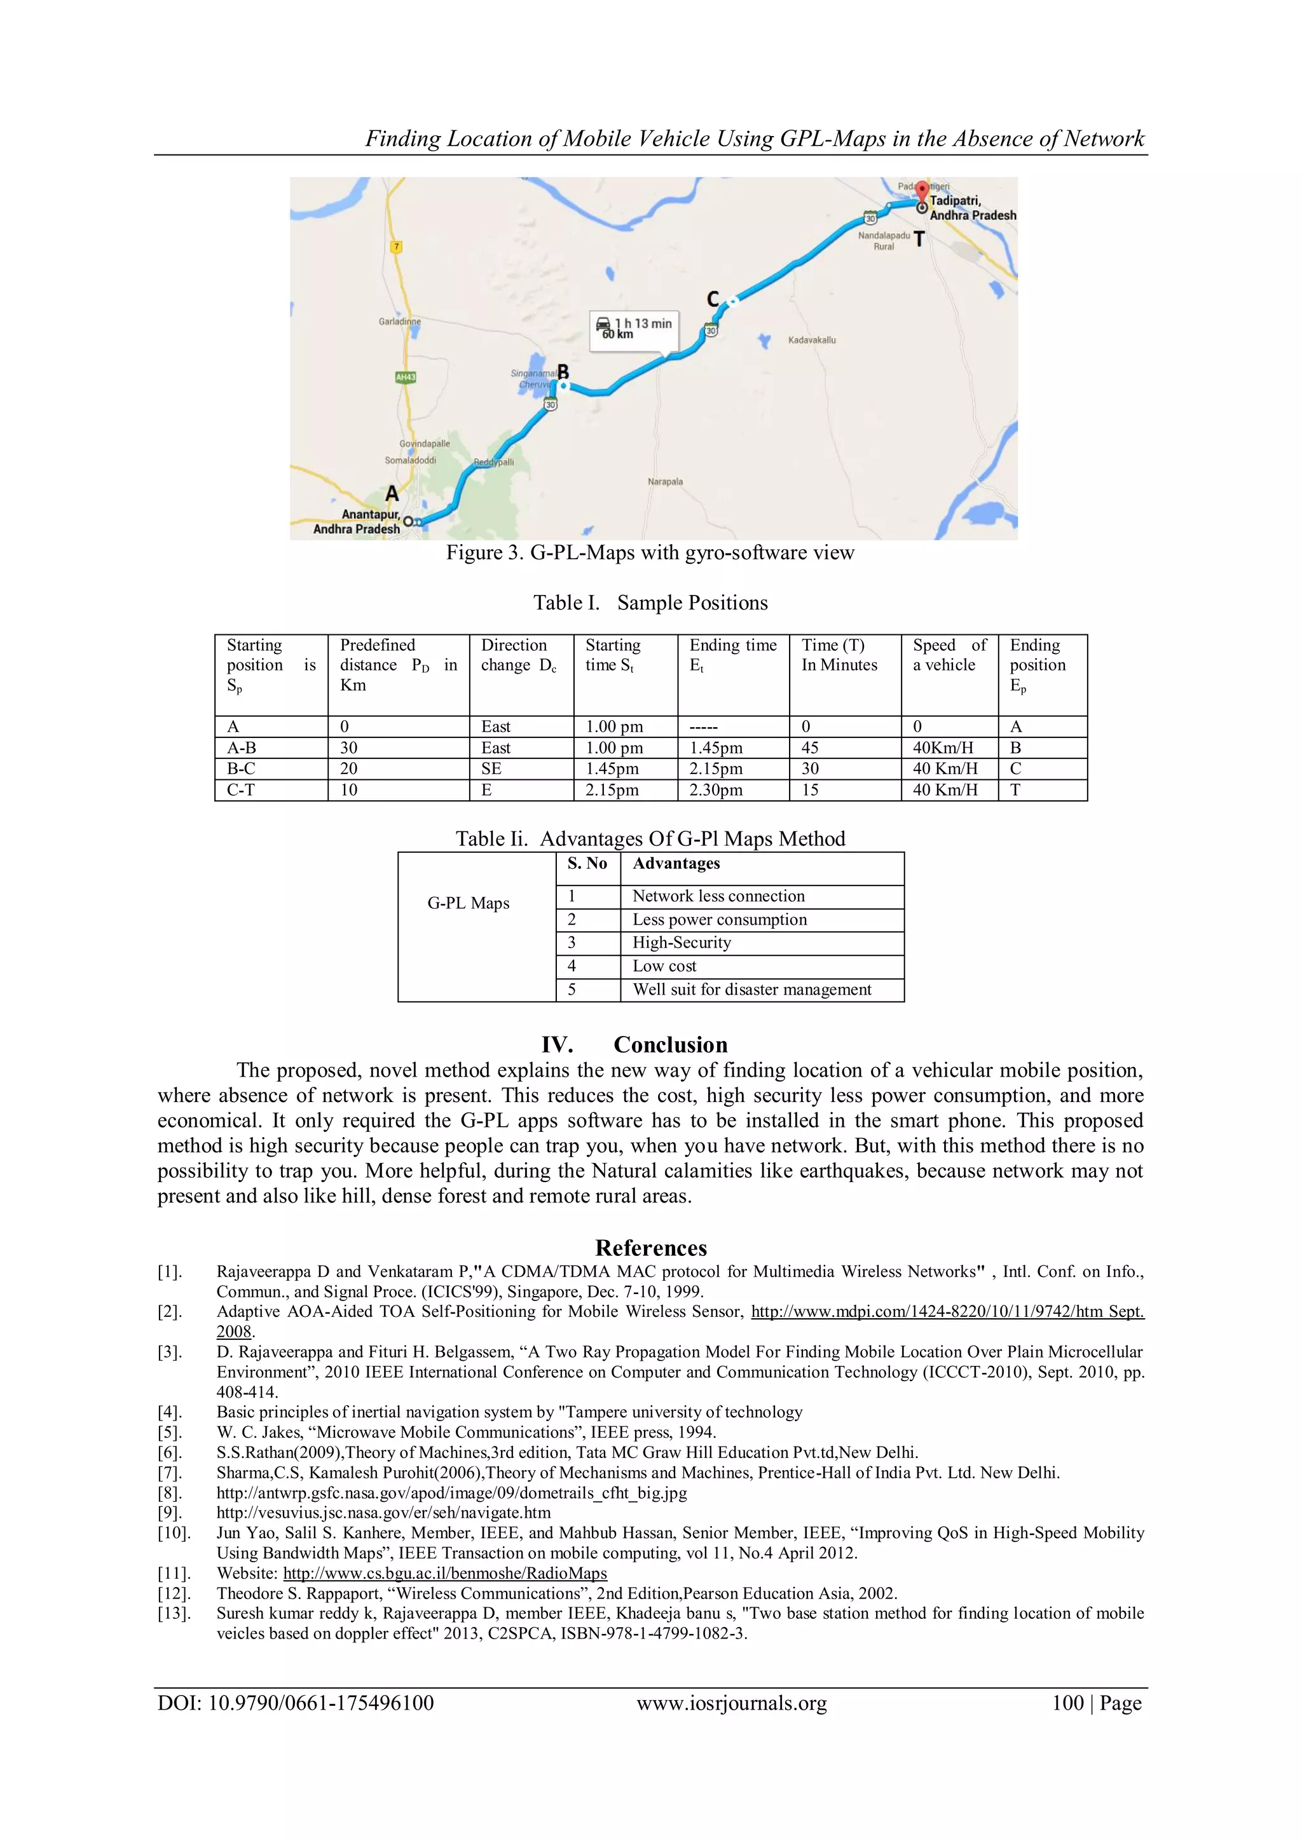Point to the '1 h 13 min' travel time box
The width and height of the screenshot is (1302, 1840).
click(634, 329)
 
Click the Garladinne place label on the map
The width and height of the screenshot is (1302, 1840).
click(399, 322)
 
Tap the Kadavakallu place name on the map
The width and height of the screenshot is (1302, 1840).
click(811, 340)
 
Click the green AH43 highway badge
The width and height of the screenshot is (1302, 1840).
click(406, 377)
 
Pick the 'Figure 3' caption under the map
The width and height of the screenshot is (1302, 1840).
click(650, 553)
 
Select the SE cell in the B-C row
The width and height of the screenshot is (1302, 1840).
click(491, 768)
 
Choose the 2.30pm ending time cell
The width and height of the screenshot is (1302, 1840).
click(716, 789)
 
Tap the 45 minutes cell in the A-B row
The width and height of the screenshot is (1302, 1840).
click(810, 747)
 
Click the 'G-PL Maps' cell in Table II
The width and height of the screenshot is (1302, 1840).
click(468, 903)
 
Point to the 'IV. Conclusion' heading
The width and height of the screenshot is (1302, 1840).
click(634, 1045)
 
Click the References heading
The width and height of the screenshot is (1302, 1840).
click(650, 1248)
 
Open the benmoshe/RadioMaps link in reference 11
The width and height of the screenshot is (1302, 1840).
click(445, 1573)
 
